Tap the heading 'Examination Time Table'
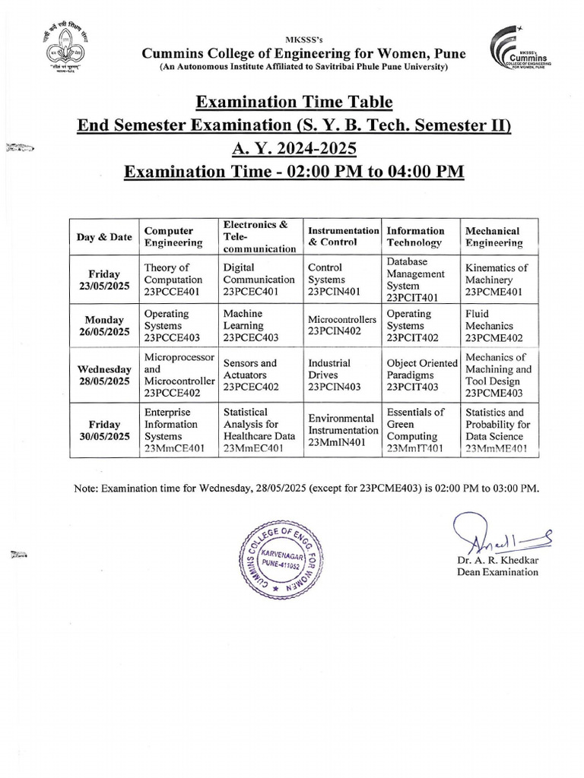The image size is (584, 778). [x=292, y=102]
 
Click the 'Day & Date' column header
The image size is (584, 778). [x=103, y=236]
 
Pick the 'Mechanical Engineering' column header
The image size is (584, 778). [x=494, y=236]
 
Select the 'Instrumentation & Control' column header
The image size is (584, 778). [x=343, y=236]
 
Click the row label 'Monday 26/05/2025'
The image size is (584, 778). [x=103, y=326]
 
